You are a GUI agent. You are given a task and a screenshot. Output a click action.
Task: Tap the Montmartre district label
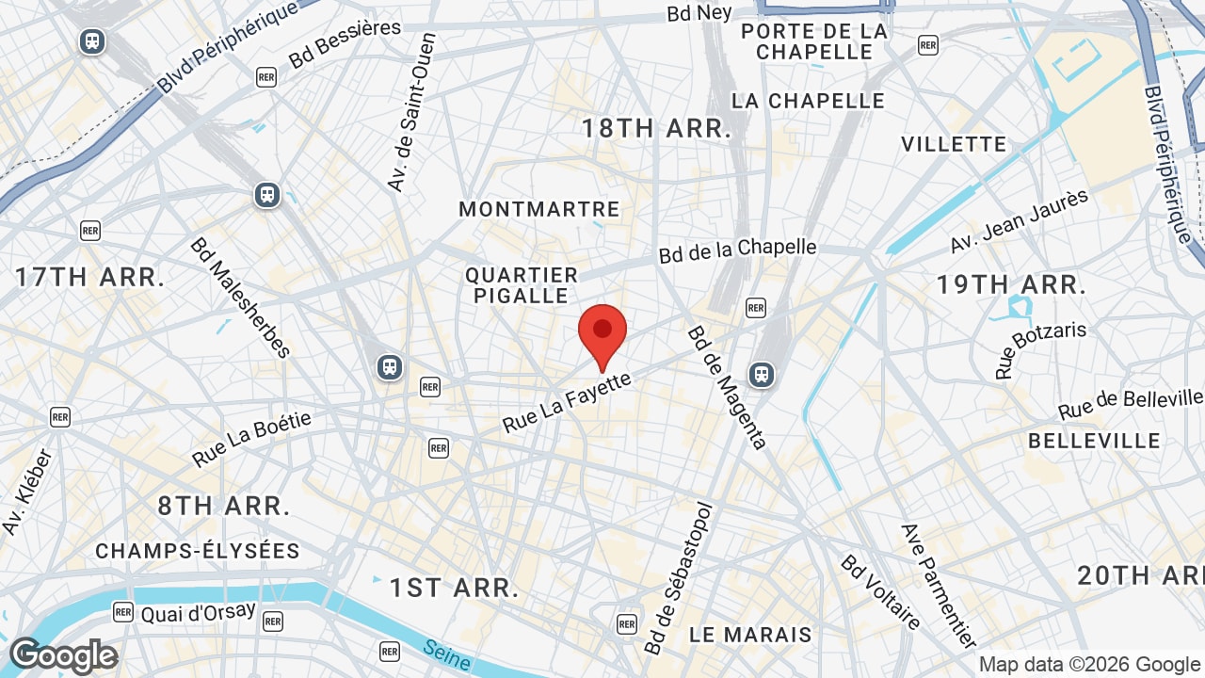click(x=539, y=209)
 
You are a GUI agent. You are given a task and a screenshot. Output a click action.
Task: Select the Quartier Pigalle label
click(x=522, y=285)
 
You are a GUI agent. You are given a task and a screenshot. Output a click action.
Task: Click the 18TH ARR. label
click(x=656, y=129)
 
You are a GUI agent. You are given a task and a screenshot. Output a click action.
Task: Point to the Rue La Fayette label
click(x=567, y=402)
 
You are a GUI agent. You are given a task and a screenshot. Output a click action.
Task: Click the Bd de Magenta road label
click(x=727, y=387)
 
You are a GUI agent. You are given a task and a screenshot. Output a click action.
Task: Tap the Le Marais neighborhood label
click(x=750, y=635)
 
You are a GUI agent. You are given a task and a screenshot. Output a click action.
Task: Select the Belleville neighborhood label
click(x=1094, y=441)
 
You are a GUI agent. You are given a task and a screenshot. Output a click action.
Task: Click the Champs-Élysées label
click(x=198, y=551)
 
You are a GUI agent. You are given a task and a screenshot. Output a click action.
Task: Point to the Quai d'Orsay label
click(x=198, y=612)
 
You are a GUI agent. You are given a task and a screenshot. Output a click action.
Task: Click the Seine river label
click(x=447, y=655)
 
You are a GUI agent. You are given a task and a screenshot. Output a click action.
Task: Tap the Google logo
click(x=63, y=655)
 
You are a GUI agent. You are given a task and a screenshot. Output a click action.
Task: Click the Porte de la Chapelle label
click(x=814, y=41)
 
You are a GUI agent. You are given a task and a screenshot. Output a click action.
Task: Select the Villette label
click(x=954, y=144)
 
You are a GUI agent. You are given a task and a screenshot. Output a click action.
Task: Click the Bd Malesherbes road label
click(x=240, y=298)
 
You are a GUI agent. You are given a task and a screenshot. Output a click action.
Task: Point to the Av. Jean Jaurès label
click(x=1019, y=221)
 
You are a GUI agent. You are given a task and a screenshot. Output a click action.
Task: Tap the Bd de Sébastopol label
click(x=680, y=578)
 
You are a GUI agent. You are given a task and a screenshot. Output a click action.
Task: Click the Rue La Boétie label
click(x=251, y=439)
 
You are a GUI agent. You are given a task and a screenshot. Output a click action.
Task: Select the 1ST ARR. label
click(x=454, y=589)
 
